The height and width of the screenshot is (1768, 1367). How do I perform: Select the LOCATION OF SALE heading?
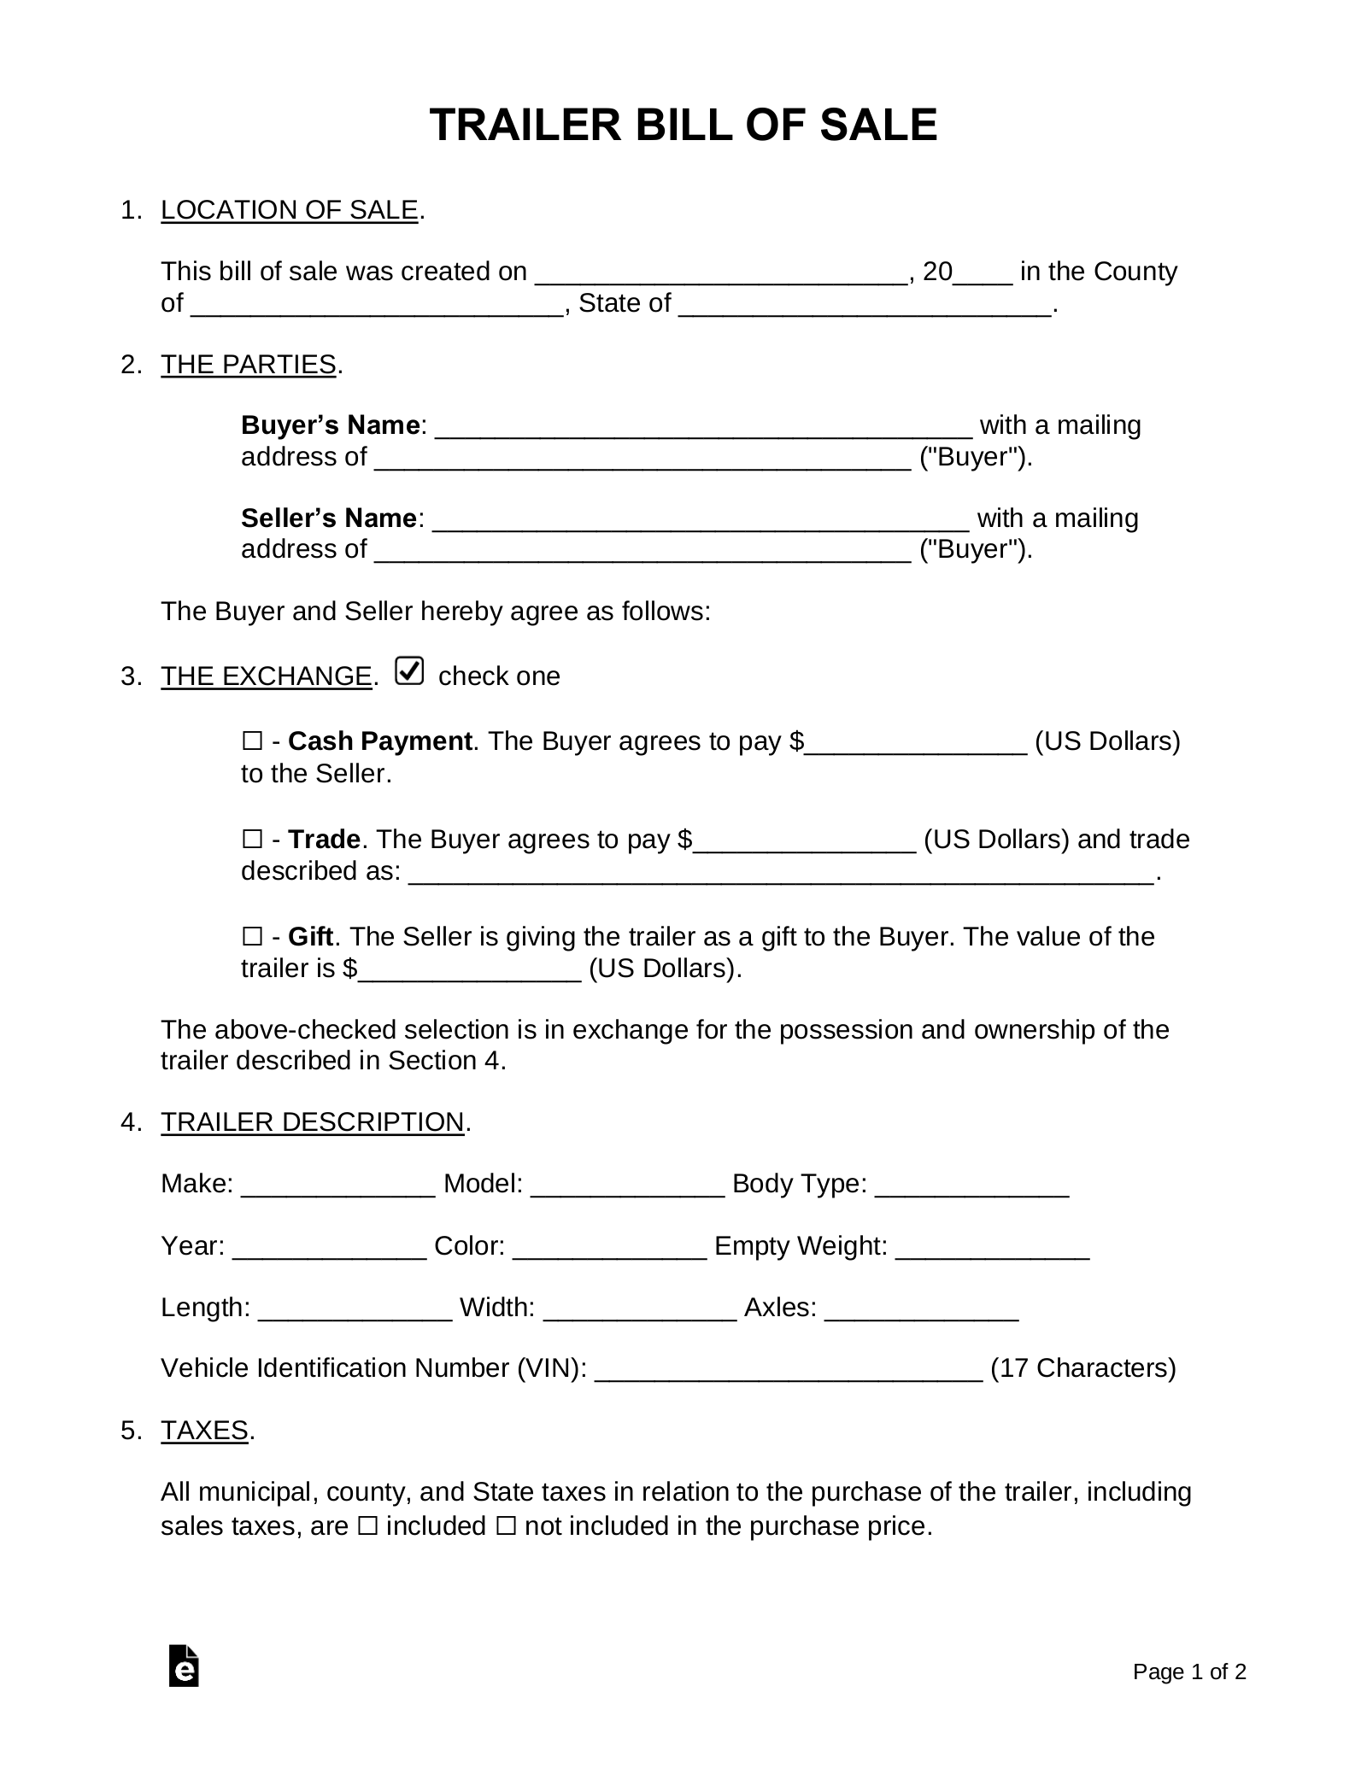(x=289, y=210)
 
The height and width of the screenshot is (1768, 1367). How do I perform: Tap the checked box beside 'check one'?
(x=410, y=672)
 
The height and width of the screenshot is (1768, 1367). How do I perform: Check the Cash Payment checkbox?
(x=252, y=741)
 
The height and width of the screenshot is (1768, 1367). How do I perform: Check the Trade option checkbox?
(x=252, y=840)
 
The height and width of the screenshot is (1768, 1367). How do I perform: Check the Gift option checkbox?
(x=252, y=937)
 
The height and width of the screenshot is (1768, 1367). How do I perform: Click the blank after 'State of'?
(x=865, y=304)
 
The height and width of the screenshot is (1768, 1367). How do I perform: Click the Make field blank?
(x=338, y=1185)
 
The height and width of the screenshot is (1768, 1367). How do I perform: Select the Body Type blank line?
(x=972, y=1185)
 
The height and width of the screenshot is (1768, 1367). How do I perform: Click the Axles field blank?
(x=922, y=1308)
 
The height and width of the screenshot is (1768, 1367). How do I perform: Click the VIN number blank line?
(x=788, y=1369)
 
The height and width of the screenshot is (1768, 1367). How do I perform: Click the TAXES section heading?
(x=204, y=1431)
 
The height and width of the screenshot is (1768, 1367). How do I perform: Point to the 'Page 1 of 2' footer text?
(x=1189, y=1671)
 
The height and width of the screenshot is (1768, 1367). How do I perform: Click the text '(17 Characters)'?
(x=1082, y=1369)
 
